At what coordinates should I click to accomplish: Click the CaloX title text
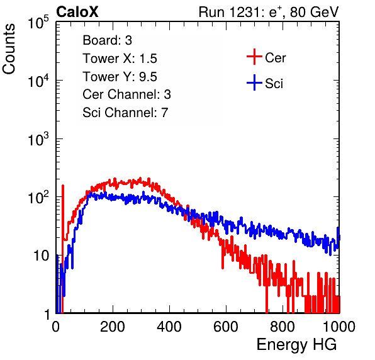(77, 12)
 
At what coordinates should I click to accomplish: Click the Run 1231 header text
(269, 12)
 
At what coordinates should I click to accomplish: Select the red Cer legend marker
(254, 57)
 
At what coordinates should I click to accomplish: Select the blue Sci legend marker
(254, 82)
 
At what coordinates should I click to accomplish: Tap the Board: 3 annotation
(107, 40)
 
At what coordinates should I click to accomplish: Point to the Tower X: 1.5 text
(120, 58)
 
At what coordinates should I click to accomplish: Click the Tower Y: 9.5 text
(120, 77)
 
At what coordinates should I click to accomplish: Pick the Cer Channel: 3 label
(126, 94)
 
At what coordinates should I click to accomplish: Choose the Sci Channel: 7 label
(125, 113)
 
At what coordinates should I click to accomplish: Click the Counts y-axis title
(9, 49)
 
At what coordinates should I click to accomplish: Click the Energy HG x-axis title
(296, 345)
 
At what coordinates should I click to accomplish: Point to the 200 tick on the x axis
(113, 327)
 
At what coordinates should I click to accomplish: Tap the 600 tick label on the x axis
(226, 327)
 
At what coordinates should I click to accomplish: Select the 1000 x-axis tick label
(339, 327)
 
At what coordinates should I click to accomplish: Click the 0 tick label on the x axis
(56, 327)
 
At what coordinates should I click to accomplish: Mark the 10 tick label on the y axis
(41, 256)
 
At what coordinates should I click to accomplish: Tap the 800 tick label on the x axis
(283, 327)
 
